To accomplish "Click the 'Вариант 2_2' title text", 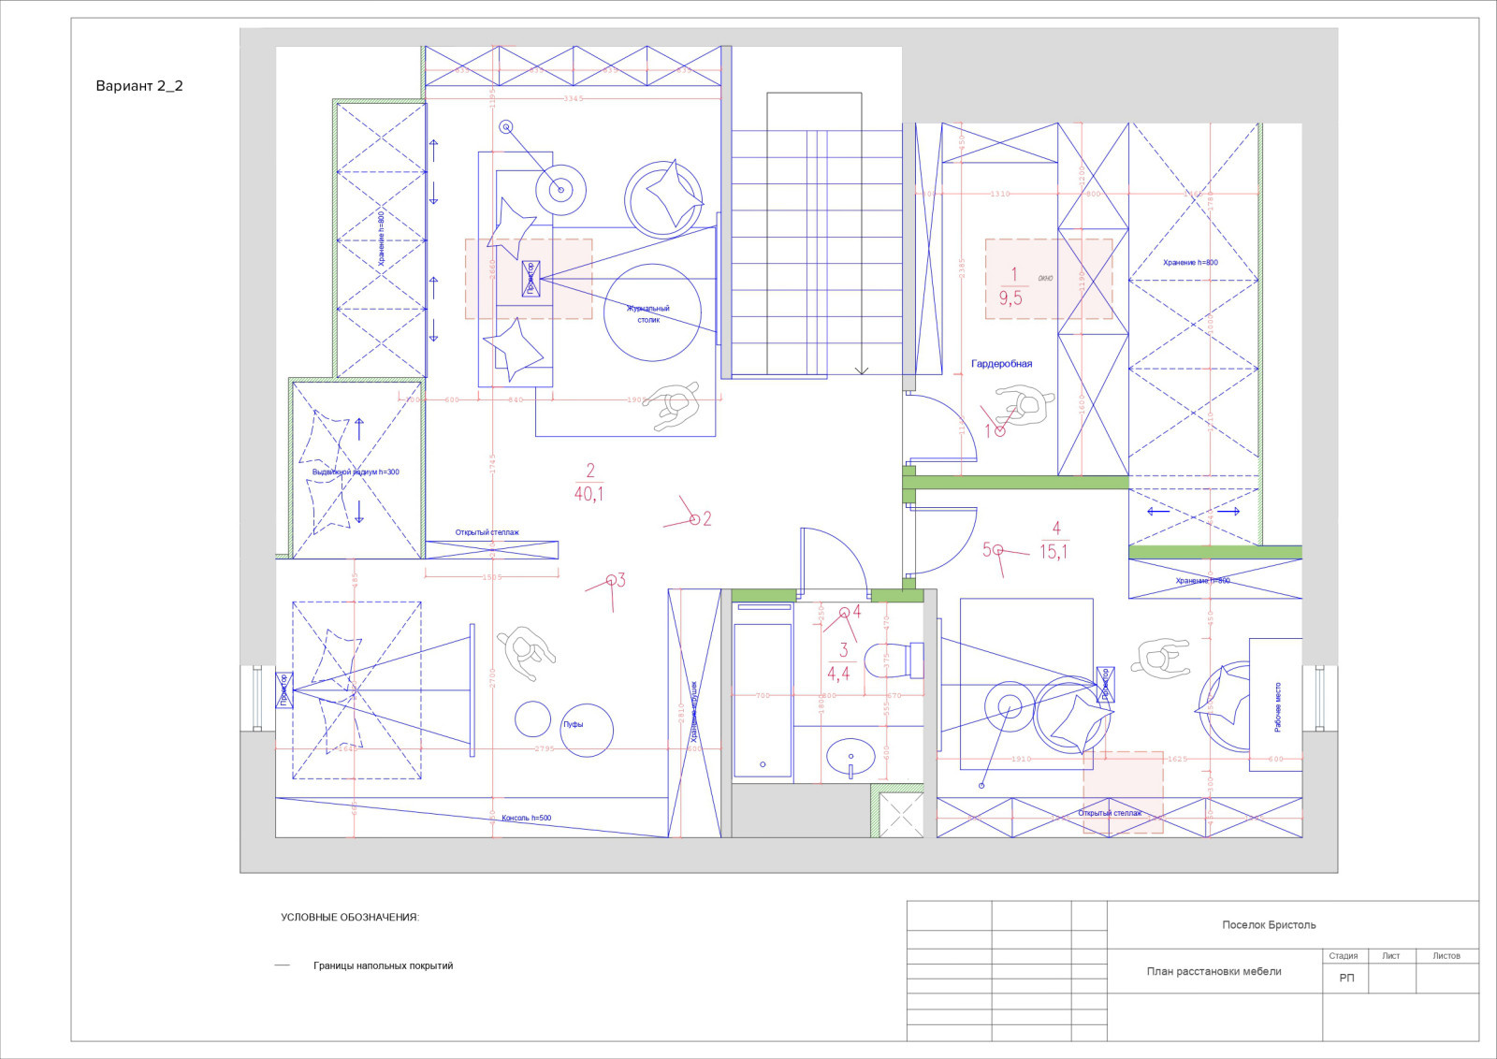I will (x=139, y=86).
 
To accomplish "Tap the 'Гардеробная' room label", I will (x=1001, y=364).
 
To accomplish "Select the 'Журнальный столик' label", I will (x=648, y=313).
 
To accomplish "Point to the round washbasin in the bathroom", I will (x=851, y=756).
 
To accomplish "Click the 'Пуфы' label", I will (x=573, y=724).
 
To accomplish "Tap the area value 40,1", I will (x=589, y=493).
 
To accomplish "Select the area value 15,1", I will (x=1054, y=552).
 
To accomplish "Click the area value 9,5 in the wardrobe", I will (x=1010, y=298).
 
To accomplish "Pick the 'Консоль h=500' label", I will (x=526, y=819).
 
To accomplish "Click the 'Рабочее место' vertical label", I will (x=1278, y=706).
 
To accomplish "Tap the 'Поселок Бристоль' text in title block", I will (x=1269, y=925).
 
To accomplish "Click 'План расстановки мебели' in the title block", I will (x=1214, y=971).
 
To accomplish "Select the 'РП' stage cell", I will (x=1346, y=978).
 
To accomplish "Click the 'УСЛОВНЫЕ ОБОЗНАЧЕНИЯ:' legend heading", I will (x=350, y=918).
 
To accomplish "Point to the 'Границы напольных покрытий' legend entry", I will (x=383, y=965).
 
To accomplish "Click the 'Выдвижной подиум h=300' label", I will (x=356, y=472).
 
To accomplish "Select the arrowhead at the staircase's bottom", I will (x=862, y=371).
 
